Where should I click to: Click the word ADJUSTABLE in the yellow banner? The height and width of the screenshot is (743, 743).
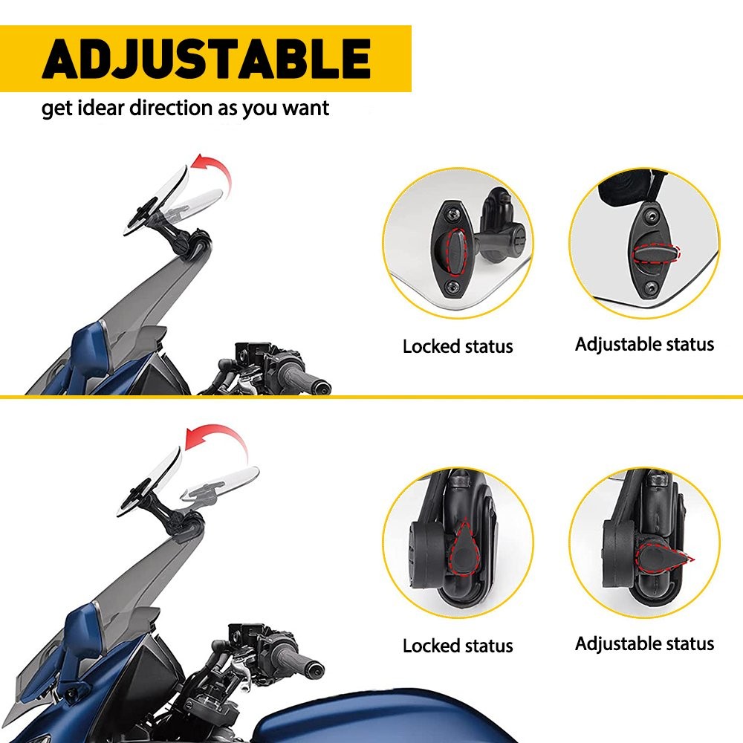(x=206, y=59)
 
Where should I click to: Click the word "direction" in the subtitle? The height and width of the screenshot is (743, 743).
(x=170, y=108)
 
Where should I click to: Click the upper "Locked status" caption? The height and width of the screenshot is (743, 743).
(x=458, y=346)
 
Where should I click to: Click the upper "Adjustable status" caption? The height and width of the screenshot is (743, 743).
(x=644, y=344)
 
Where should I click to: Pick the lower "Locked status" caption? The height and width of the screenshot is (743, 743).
(x=458, y=646)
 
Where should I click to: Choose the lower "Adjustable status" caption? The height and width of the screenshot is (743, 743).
(x=644, y=643)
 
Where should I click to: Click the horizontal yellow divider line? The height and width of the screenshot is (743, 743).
(x=371, y=397)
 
